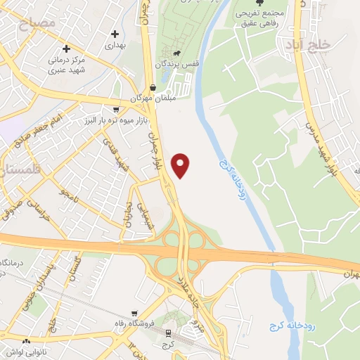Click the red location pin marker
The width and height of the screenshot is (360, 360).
pos(181,165)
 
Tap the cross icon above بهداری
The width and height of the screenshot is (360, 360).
pos(114,33)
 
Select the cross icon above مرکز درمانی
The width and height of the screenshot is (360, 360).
pos(67,49)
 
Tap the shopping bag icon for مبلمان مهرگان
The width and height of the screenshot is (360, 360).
pos(153,87)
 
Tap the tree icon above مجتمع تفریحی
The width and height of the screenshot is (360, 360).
pos(259,4)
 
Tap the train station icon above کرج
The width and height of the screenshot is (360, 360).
pos(169,333)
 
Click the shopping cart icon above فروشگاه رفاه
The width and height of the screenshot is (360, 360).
pos(134,314)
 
